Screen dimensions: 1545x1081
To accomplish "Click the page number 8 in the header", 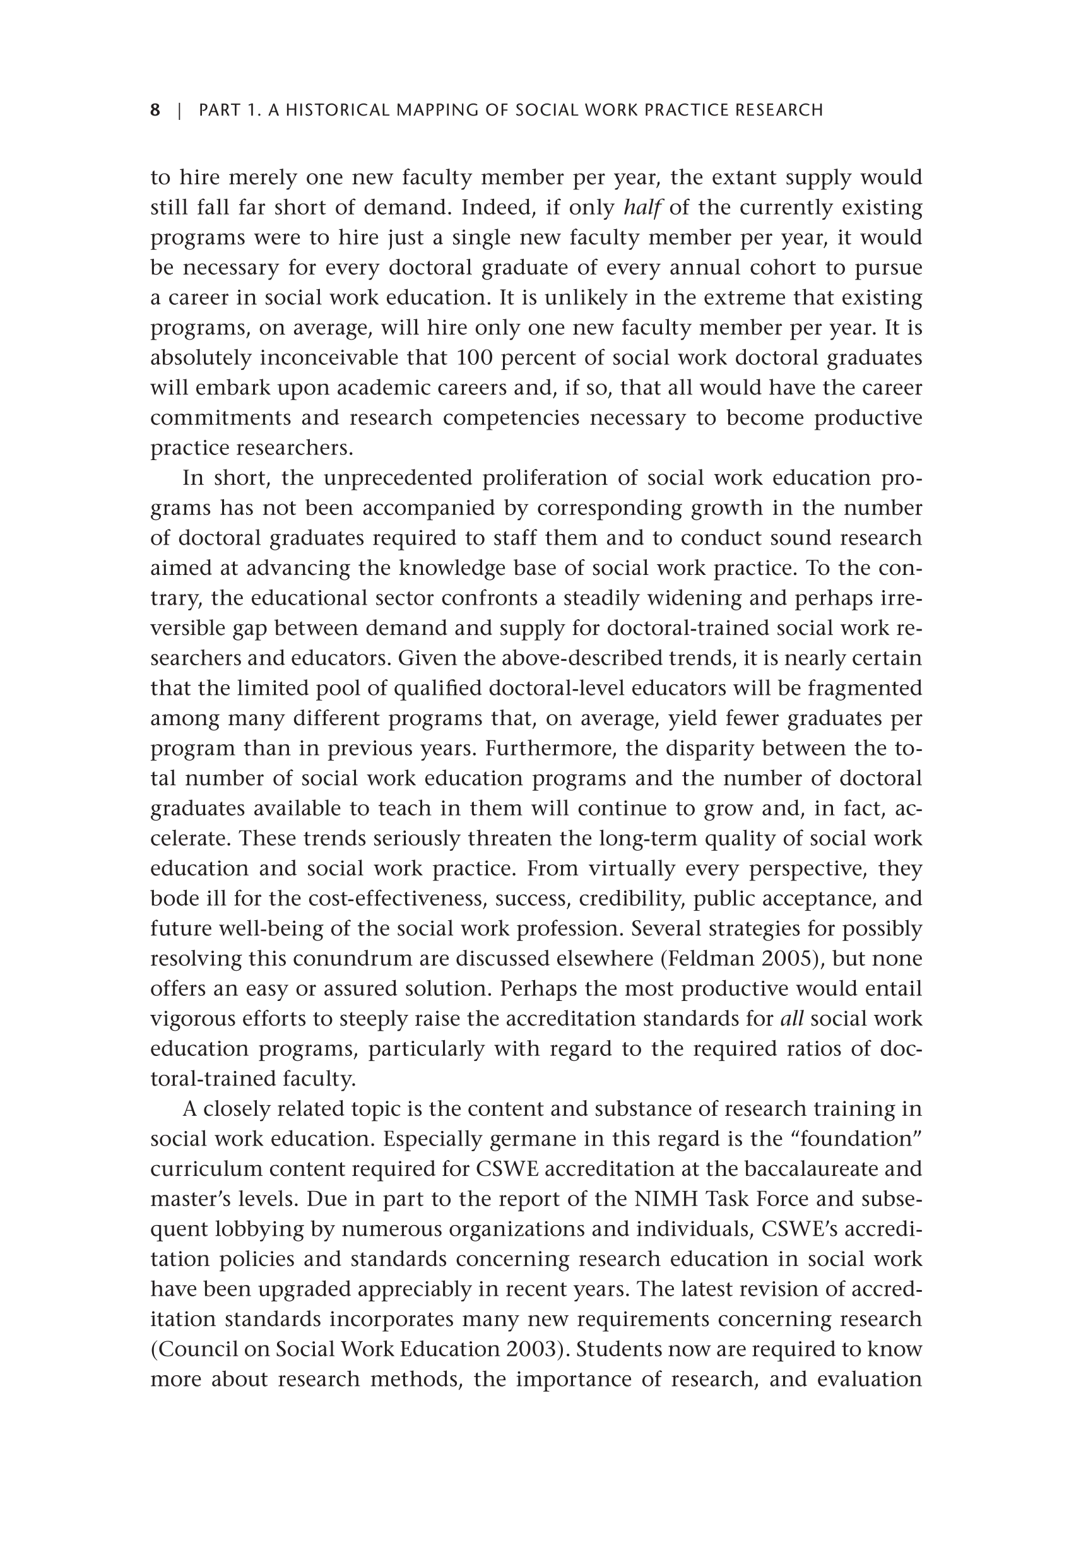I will [x=155, y=110].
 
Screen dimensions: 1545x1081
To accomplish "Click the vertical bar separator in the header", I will [x=180, y=110].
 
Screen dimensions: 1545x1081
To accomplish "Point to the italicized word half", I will [x=642, y=208].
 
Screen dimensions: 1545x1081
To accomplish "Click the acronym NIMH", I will [x=663, y=1199].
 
